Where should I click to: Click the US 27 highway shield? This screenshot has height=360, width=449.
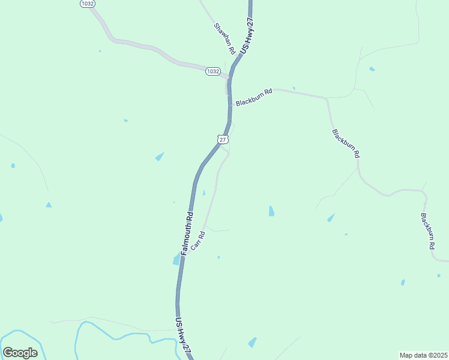223,139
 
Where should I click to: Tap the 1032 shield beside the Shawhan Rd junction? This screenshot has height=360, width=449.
212,71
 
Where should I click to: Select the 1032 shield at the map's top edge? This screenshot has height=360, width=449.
87,4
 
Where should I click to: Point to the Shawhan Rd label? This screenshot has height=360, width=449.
223,38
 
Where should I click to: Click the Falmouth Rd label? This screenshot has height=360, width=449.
187,232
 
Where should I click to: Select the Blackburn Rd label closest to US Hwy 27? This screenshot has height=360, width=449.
254,98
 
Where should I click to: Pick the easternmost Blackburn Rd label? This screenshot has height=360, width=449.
427,231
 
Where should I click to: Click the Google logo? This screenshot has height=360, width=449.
20,353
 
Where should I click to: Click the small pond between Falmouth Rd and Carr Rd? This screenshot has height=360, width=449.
204,193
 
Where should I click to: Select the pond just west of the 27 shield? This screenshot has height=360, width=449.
160,157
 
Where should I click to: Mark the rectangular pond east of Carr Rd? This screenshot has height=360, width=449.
271,211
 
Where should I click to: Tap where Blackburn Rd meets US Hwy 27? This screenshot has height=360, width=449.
231,104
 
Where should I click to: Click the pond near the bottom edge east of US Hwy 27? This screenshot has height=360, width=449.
252,343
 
